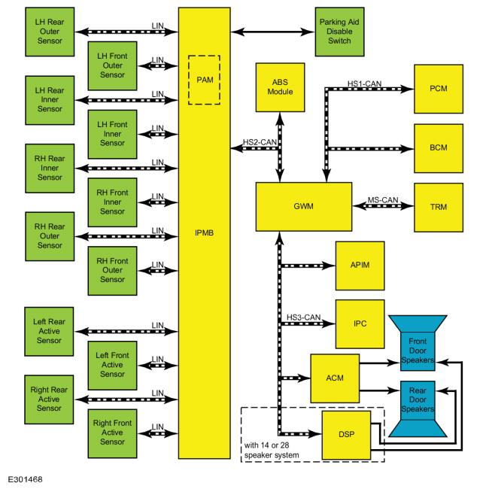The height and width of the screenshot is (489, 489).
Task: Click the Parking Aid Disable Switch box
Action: (x=339, y=32)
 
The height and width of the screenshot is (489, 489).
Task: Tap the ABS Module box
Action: (x=280, y=87)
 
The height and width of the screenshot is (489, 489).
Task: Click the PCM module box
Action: (x=439, y=89)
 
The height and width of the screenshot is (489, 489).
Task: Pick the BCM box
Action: (x=439, y=148)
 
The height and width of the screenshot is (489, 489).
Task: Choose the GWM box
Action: (x=304, y=206)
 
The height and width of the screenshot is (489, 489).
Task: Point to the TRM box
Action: (x=439, y=208)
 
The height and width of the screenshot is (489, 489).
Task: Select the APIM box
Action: (x=360, y=266)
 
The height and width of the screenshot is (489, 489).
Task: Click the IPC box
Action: (x=360, y=324)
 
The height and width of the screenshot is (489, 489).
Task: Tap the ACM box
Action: (x=335, y=378)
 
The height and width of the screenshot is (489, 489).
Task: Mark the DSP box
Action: (x=346, y=435)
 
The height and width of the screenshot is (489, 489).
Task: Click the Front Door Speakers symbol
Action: (x=418, y=343)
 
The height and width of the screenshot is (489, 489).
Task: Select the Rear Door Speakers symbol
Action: (x=418, y=409)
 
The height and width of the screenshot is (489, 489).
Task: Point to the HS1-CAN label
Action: (x=364, y=84)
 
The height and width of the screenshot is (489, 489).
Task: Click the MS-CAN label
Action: (x=383, y=200)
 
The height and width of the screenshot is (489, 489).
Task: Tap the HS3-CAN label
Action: (x=303, y=317)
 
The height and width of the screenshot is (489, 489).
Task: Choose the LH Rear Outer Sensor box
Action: (x=50, y=32)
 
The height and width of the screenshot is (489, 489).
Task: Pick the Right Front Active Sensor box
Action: (x=112, y=433)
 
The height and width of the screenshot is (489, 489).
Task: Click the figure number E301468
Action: (x=25, y=479)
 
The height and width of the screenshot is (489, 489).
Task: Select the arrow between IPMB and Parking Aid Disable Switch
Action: (x=272, y=32)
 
